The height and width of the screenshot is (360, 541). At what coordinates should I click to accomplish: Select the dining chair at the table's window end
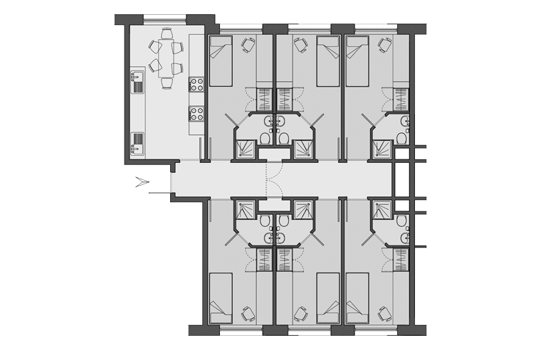166,33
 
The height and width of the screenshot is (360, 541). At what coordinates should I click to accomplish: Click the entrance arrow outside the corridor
143,184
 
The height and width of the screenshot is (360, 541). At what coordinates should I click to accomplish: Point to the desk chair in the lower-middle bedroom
301,312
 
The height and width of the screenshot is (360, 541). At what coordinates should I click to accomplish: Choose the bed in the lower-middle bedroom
328,296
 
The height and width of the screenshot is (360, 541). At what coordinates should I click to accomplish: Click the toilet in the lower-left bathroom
265,221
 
